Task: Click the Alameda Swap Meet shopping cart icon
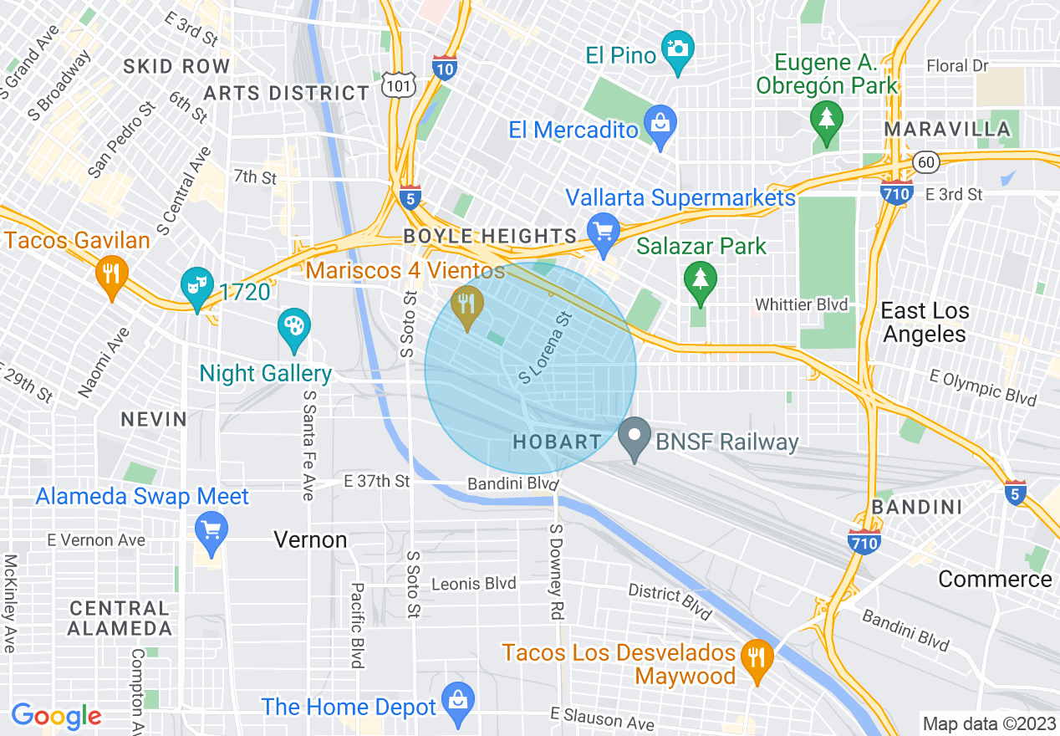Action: pyautogui.click(x=211, y=530)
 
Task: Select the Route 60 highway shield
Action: pyautogui.click(x=924, y=163)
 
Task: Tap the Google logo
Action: pyautogui.click(x=56, y=716)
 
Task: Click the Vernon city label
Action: pyautogui.click(x=310, y=540)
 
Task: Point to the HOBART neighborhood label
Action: pyautogui.click(x=557, y=442)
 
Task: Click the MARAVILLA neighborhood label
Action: pyautogui.click(x=947, y=130)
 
